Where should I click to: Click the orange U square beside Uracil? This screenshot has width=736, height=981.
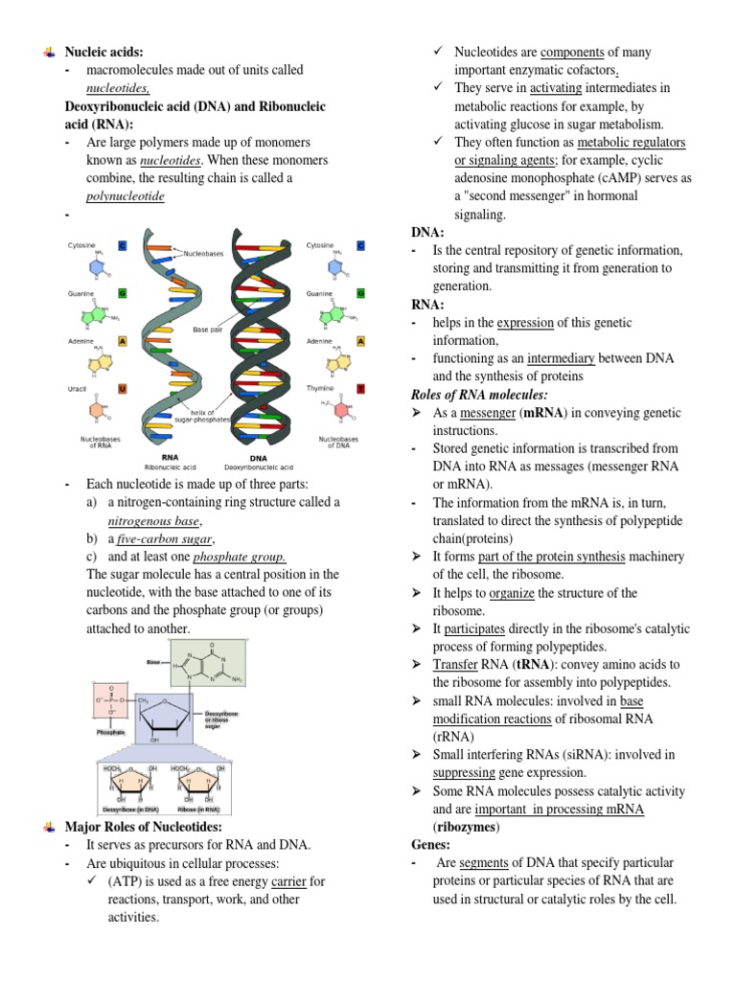coord(123,389)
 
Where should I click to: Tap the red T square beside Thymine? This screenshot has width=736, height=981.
coord(360,389)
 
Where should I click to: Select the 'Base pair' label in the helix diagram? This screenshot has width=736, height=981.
coord(207,330)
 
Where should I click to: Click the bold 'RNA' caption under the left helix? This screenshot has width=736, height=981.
coord(171,458)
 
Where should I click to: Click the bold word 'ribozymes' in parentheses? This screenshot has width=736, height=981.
coord(467,827)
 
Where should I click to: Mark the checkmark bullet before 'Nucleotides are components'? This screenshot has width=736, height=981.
coord(438,52)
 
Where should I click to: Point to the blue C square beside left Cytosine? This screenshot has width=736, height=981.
coord(123,246)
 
